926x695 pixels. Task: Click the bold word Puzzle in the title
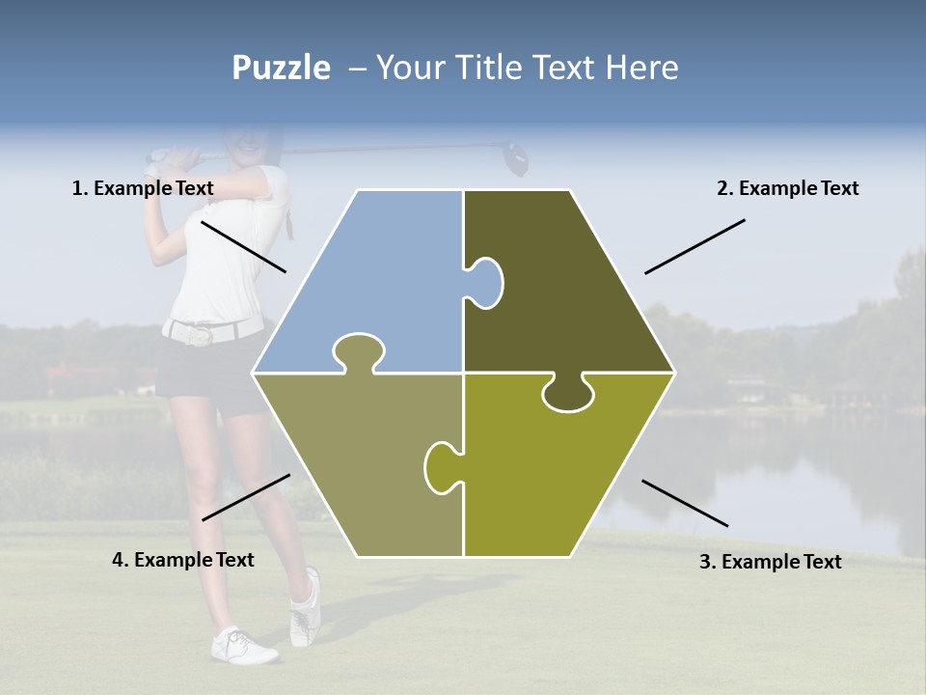281,69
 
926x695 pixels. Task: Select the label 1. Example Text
143,189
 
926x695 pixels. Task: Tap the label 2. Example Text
787,189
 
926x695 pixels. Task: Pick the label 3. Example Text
770,562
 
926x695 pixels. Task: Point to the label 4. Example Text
182,560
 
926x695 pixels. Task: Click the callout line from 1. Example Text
243,246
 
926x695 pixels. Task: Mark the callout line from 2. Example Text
694,246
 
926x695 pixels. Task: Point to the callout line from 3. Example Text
685,503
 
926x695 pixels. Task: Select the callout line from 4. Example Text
246,497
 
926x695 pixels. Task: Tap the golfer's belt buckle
201,335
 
